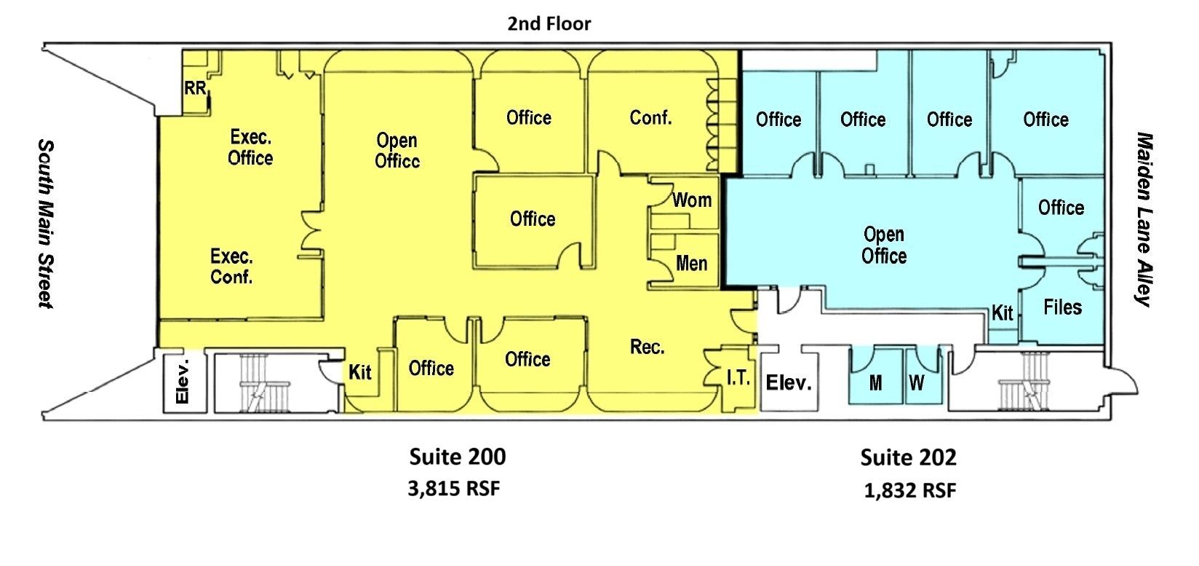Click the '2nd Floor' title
tap(549, 23)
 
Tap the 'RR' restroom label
tap(195, 88)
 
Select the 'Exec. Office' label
tap(250, 147)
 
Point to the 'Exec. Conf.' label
tap(231, 267)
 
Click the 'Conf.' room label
tap(650, 117)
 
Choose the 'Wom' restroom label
tap(692, 200)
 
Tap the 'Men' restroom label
tap(692, 263)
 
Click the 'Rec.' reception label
tap(647, 347)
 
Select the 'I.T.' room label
tap(738, 378)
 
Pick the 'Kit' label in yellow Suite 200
tap(359, 372)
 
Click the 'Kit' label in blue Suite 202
tap(1002, 313)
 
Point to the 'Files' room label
tap(1062, 307)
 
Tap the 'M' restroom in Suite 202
tap(875, 382)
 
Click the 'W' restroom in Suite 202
tap(917, 382)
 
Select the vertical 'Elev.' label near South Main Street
tap(183, 382)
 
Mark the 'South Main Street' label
tap(46, 224)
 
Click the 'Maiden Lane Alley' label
tap(1143, 219)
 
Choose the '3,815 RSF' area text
tap(454, 488)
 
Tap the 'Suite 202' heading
tap(909, 457)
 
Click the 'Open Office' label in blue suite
tap(884, 245)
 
